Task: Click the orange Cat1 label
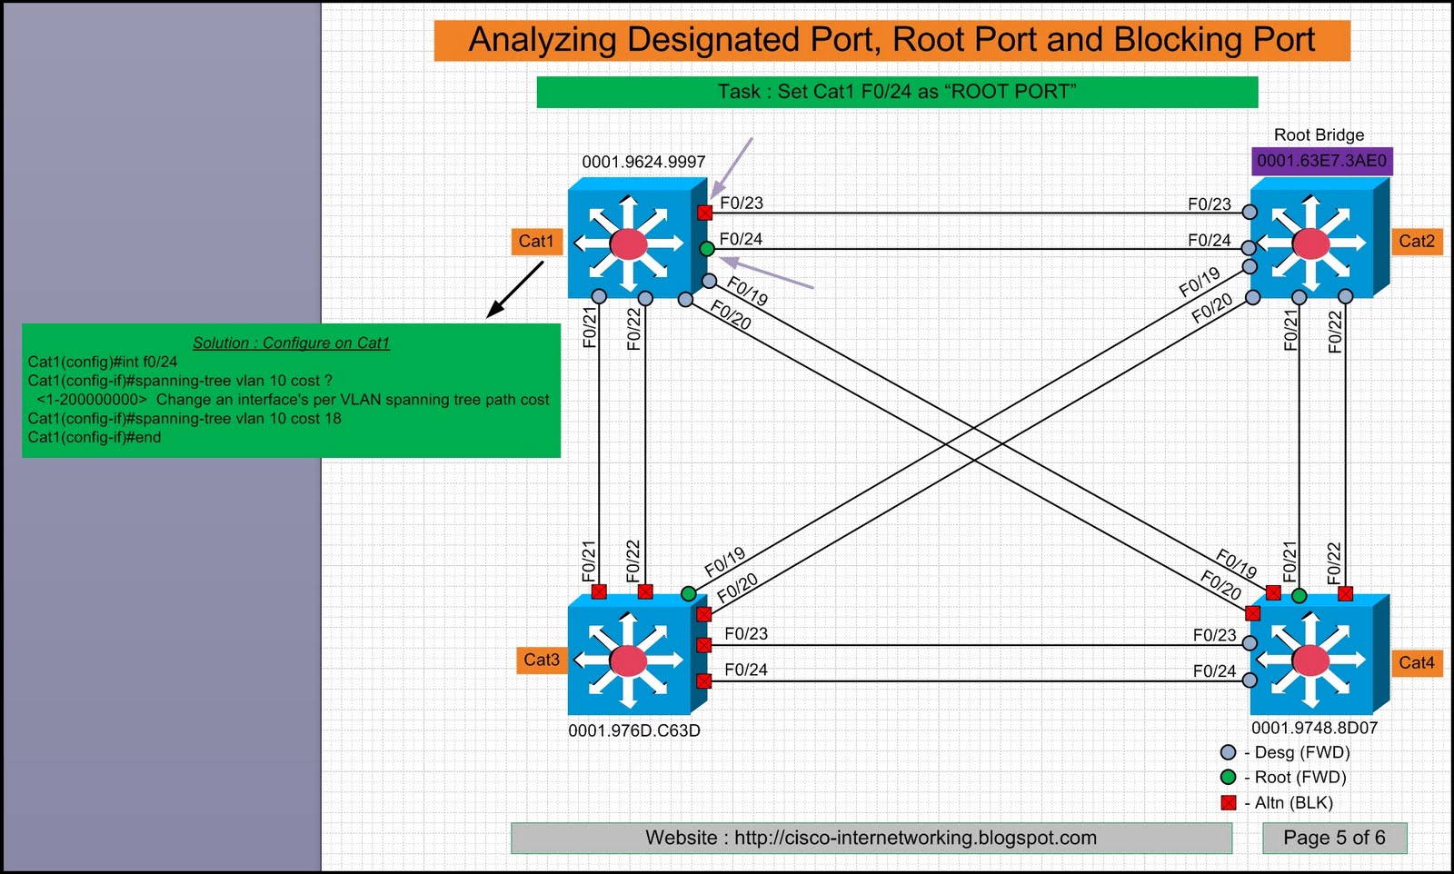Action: click(536, 241)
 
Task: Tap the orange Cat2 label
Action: click(1416, 241)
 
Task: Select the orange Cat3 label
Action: click(542, 660)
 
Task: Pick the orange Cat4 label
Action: click(1416, 662)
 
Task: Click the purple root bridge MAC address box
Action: click(1321, 161)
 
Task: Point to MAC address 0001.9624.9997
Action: click(643, 162)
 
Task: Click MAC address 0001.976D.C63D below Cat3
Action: click(634, 730)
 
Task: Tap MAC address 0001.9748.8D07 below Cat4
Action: click(1314, 728)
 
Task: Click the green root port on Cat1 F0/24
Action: click(707, 248)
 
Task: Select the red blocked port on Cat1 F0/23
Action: click(705, 213)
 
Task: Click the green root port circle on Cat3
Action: click(689, 594)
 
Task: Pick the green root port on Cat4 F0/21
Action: click(1300, 596)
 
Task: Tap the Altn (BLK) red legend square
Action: click(1229, 802)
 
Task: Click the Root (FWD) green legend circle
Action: click(1229, 777)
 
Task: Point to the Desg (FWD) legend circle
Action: click(1229, 752)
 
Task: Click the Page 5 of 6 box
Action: click(1334, 838)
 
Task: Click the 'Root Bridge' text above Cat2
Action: click(1319, 134)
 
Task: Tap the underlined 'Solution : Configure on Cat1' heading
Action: click(291, 343)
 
